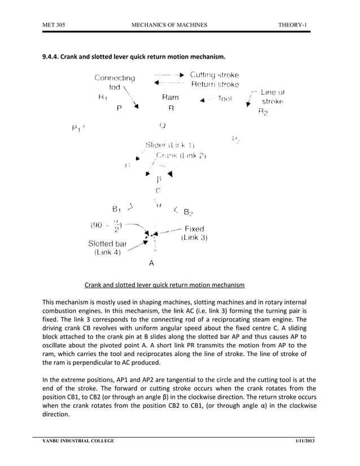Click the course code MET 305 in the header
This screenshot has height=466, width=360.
pyautogui.click(x=52, y=25)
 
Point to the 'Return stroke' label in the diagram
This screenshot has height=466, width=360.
pyautogui.click(x=214, y=85)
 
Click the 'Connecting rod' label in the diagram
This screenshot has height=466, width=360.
pyautogui.click(x=115, y=82)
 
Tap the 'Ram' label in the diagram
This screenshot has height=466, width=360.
pyautogui.click(x=170, y=98)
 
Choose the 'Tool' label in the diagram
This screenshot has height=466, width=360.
pyautogui.click(x=225, y=99)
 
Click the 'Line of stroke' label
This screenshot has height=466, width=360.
pyautogui.click(x=272, y=96)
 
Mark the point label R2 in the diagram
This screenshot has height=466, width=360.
pyautogui.click(x=263, y=112)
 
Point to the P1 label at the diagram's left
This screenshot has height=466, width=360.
pyautogui.click(x=77, y=129)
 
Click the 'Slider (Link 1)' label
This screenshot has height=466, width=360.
pyautogui.click(x=170, y=145)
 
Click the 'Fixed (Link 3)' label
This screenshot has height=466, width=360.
pyautogui.click(x=194, y=234)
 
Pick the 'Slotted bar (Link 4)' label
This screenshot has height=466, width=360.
pyautogui.click(x=107, y=248)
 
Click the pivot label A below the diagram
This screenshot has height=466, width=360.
pyautogui.click(x=151, y=263)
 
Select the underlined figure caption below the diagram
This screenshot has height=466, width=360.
pyautogui.click(x=164, y=285)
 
